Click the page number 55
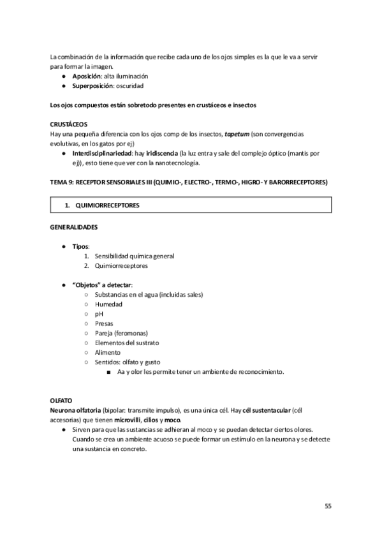[328, 507]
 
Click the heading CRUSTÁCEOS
[69, 124]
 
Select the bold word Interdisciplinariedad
[103, 154]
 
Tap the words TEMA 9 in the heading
[61, 182]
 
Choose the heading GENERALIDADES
[74, 227]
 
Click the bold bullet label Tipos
[81, 246]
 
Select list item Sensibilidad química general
[134, 256]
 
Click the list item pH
[99, 314]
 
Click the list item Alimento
[108, 352]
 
